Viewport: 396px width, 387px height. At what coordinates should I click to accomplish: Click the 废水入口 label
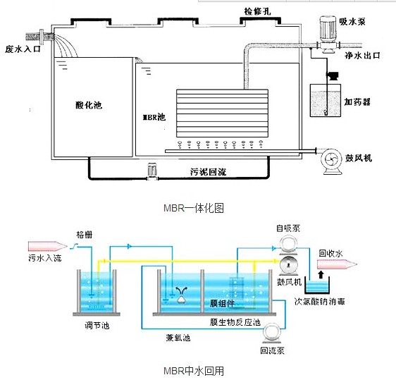pyautogui.click(x=23, y=49)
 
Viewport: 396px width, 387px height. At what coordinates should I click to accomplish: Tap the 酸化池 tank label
pyautogui.click(x=89, y=105)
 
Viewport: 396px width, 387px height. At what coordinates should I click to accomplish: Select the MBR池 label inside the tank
pyautogui.click(x=154, y=117)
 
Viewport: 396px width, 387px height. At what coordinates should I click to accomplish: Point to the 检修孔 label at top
pyautogui.click(x=257, y=11)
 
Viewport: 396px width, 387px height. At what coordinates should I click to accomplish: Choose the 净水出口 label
pyautogui.click(x=362, y=55)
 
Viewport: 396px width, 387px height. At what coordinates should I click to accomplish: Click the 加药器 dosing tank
pyautogui.click(x=326, y=100)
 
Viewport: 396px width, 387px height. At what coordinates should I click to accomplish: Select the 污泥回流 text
pyautogui.click(x=208, y=172)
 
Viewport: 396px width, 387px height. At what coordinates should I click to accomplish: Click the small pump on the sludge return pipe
pyautogui.click(x=152, y=172)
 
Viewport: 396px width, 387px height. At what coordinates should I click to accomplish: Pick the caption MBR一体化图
pyautogui.click(x=194, y=208)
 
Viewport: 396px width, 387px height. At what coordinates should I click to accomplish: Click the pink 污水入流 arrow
pyautogui.click(x=48, y=246)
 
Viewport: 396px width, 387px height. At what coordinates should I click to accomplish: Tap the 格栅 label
pyautogui.click(x=85, y=235)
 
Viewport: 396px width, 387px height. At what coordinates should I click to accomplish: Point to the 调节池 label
pyautogui.click(x=97, y=326)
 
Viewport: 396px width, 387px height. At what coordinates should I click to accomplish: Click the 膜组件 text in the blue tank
pyautogui.click(x=222, y=303)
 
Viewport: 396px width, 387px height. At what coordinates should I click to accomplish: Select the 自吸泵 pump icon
pyautogui.click(x=288, y=244)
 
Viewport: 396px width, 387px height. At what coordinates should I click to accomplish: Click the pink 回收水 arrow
pyautogui.click(x=337, y=264)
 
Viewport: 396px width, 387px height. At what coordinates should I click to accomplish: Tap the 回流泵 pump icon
pyautogui.click(x=272, y=333)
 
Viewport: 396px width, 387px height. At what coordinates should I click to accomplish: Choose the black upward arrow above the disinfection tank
pyautogui.click(x=321, y=275)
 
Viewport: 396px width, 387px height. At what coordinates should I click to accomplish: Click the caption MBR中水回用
pyautogui.click(x=194, y=371)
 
